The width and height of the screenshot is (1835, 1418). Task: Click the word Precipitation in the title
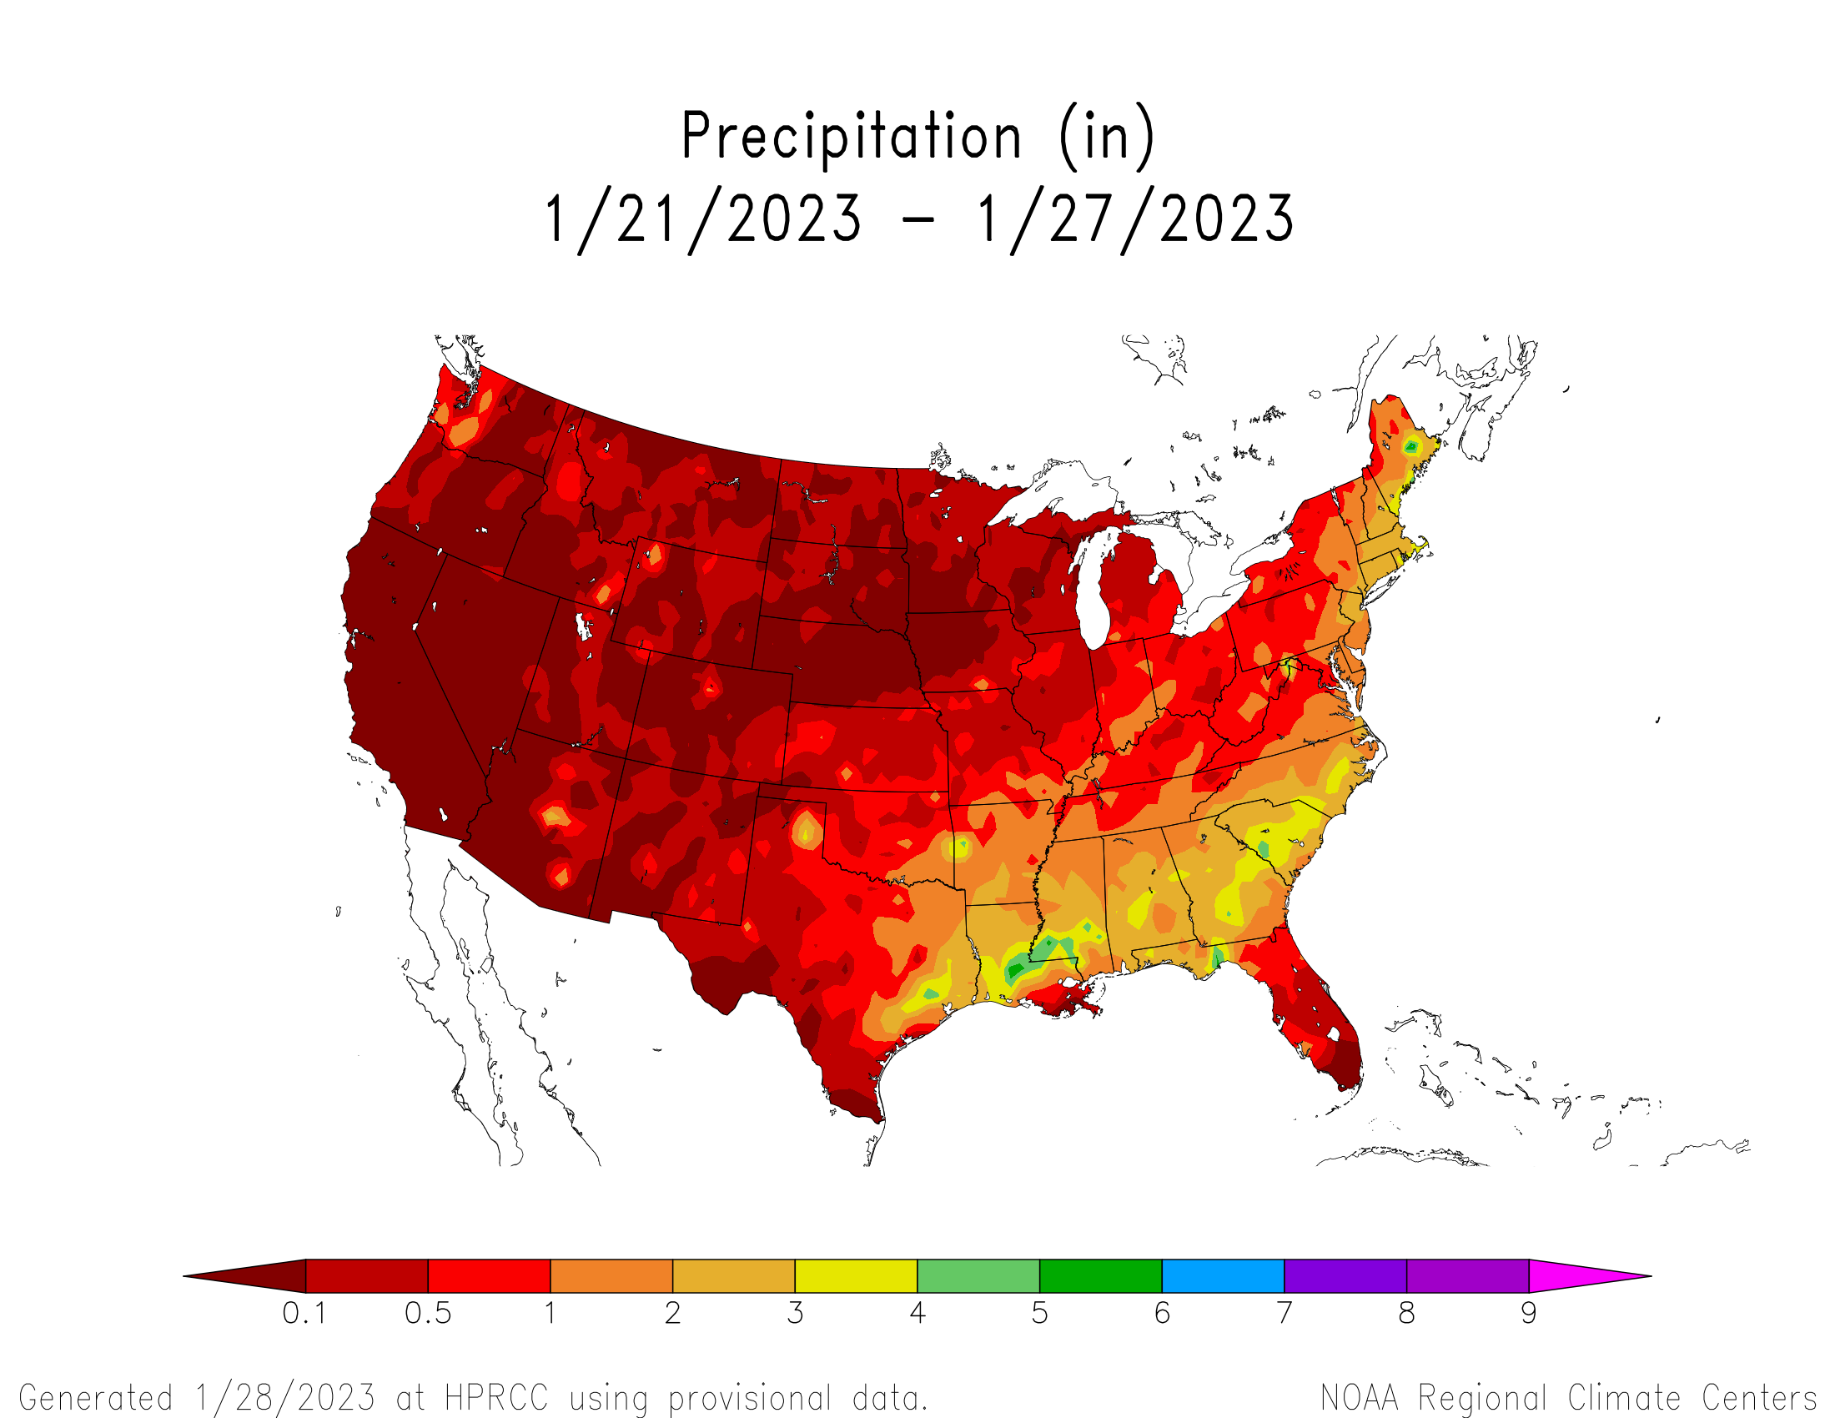pyautogui.click(x=851, y=136)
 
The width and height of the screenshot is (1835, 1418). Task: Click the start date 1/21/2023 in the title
pyautogui.click(x=704, y=219)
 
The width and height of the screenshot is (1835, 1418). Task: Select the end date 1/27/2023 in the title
pyautogui.click(x=1135, y=219)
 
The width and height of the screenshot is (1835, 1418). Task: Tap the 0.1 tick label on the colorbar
pyautogui.click(x=304, y=1312)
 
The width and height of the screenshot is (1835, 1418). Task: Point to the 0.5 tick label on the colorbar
pyautogui.click(x=428, y=1312)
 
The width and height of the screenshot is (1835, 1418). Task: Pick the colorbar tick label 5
pyautogui.click(x=1039, y=1312)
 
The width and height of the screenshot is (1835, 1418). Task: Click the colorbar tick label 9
pyautogui.click(x=1528, y=1312)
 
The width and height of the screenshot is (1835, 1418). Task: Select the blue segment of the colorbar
pyautogui.click(x=1223, y=1275)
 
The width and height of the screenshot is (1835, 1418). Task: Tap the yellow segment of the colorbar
pyautogui.click(x=855, y=1275)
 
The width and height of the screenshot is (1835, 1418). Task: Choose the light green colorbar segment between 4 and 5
pyautogui.click(x=978, y=1275)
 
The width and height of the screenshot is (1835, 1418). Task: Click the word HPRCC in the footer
pyautogui.click(x=495, y=1398)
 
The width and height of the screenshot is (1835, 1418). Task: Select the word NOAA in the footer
pyautogui.click(x=1359, y=1398)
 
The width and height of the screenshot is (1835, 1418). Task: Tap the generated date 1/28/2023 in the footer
pyautogui.click(x=284, y=1398)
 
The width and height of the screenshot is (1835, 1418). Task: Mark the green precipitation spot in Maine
pyautogui.click(x=1411, y=446)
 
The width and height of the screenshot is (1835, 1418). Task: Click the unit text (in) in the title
pyautogui.click(x=1107, y=136)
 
